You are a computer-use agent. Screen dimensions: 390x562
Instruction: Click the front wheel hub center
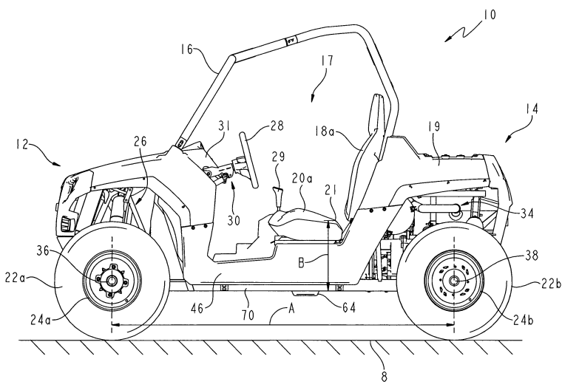[111, 280]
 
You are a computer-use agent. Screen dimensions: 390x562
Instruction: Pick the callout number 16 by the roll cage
[185, 51]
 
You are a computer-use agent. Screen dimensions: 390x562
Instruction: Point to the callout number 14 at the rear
[530, 109]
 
